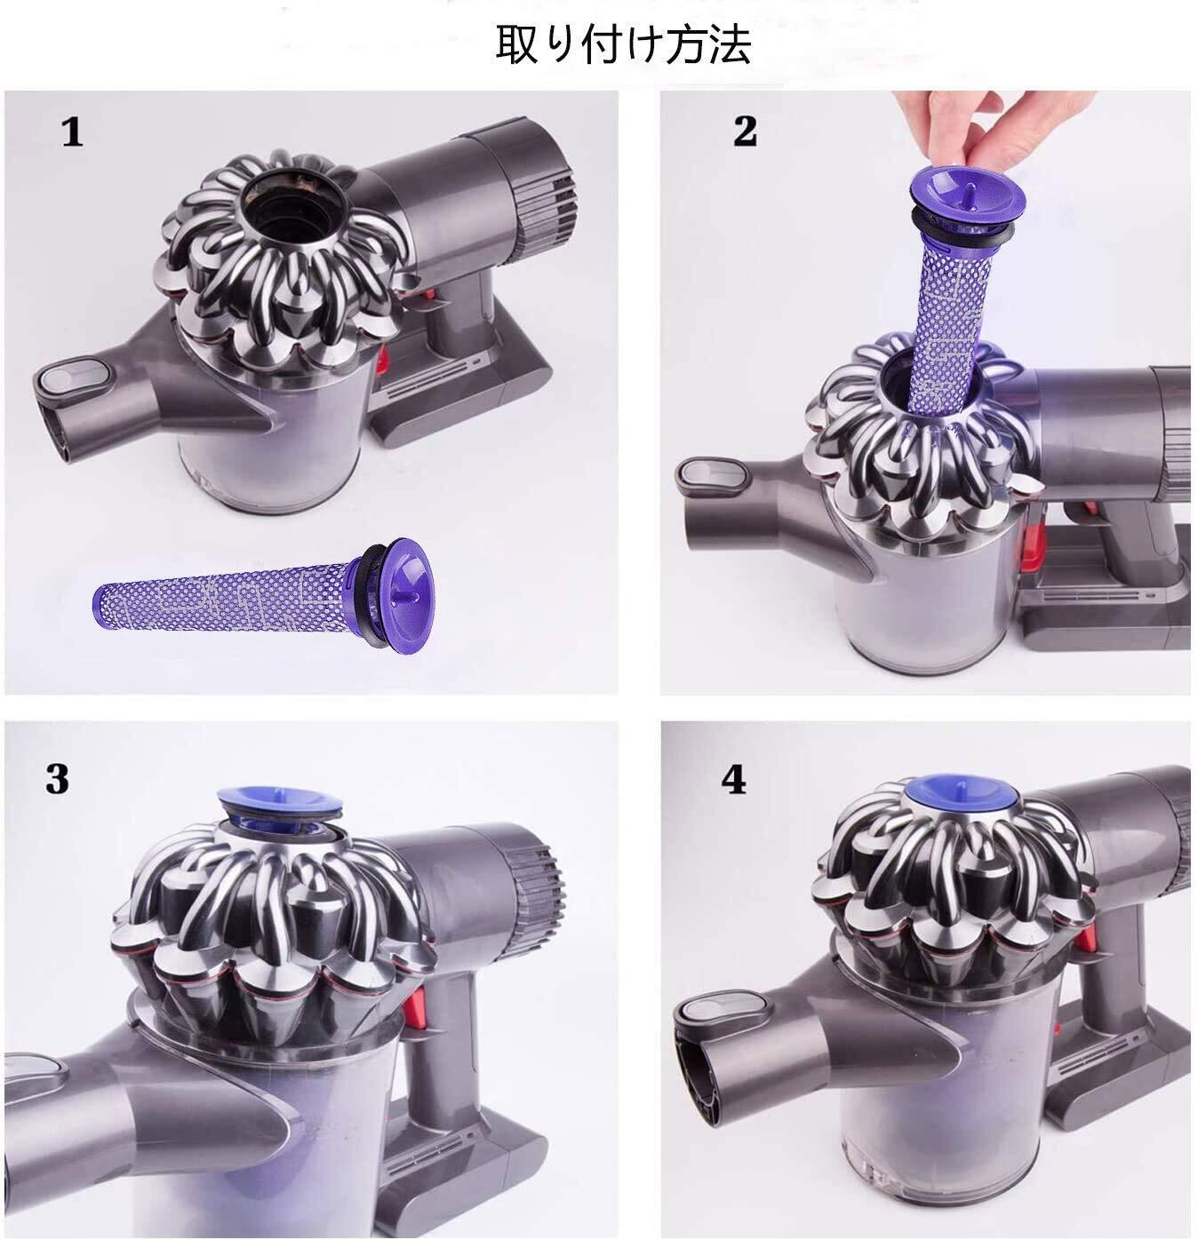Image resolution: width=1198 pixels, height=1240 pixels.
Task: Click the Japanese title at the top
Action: coord(623,44)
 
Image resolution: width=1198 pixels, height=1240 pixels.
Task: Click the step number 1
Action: coord(73,132)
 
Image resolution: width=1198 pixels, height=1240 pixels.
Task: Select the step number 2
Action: coord(745,131)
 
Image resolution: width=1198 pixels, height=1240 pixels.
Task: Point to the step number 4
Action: coord(733,779)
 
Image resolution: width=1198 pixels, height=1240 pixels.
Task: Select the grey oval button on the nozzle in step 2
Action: coord(712,476)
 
